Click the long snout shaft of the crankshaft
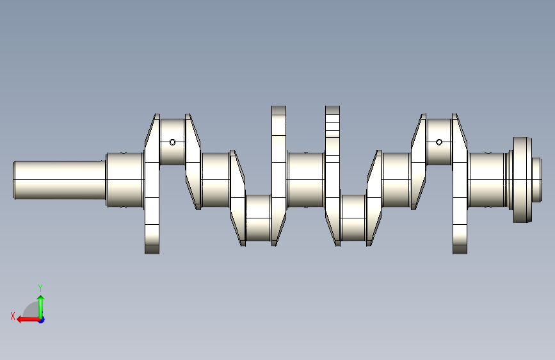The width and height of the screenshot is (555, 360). [60, 180]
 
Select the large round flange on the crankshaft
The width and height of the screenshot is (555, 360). [522, 180]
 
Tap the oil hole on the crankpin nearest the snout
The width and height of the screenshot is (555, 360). [172, 142]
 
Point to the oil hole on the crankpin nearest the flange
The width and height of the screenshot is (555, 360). [439, 142]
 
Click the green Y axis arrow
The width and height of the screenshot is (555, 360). [41, 307]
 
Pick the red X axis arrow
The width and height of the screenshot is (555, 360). [28, 320]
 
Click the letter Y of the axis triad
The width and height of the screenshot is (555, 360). [40, 288]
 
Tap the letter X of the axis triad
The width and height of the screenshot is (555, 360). [13, 316]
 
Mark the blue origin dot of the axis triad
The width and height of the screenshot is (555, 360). [42, 320]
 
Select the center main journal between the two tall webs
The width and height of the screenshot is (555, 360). [306, 180]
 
